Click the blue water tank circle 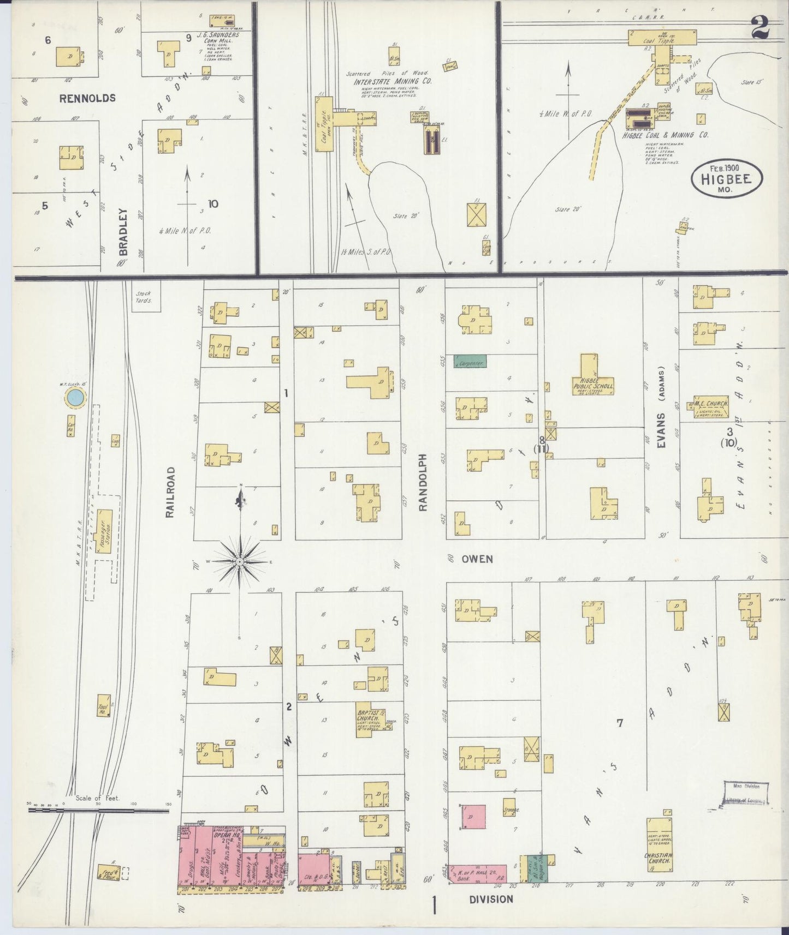[x=76, y=398]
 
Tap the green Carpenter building [x=470, y=361]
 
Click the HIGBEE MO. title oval [x=727, y=179]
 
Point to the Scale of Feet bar [x=98, y=810]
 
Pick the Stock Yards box [x=145, y=297]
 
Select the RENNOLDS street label [x=87, y=98]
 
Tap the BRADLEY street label [x=123, y=232]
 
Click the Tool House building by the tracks [x=103, y=705]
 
